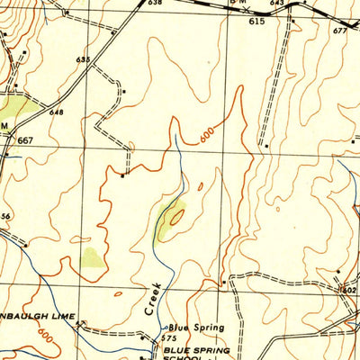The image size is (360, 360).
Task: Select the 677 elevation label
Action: click(x=339, y=31)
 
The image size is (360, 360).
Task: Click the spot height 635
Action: click(x=84, y=59)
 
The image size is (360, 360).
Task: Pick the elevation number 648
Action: click(x=57, y=112)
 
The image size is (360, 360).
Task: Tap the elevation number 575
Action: click(x=169, y=337)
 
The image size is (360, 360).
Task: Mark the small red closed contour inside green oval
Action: click(x=176, y=216)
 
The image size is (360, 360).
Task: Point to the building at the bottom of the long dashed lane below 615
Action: click(x=266, y=144)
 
